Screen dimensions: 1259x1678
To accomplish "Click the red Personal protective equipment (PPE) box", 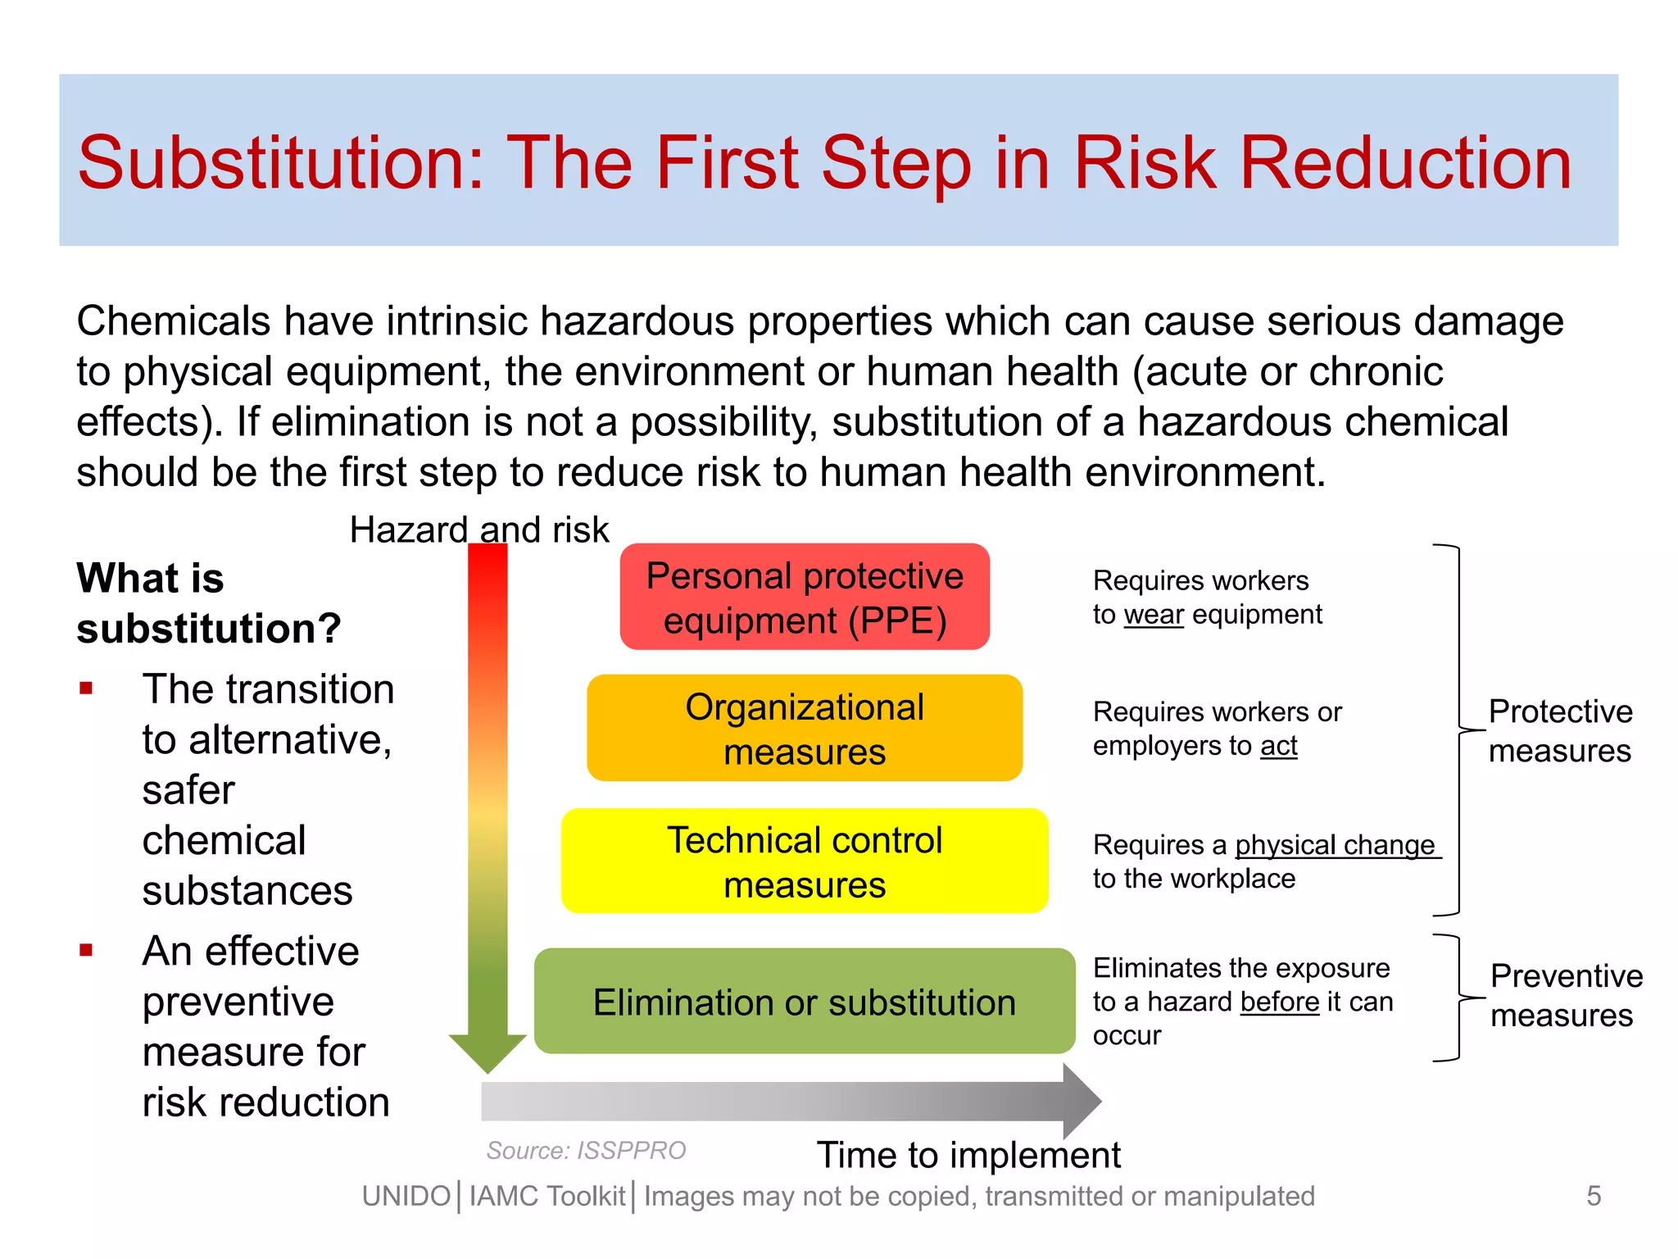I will click(805, 597).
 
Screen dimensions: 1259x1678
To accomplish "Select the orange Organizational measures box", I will click(805, 728).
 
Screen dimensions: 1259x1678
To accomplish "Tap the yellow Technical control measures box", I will click(805, 861).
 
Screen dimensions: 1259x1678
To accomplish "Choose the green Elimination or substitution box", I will click(805, 1001).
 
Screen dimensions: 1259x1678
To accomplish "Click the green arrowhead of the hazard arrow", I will click(488, 1052).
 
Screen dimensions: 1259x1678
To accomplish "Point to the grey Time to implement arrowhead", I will click(1081, 1101).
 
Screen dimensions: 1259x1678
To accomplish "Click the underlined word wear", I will click(1154, 614).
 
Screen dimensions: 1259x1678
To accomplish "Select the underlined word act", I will click(1278, 746).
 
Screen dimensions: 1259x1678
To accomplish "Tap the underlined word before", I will click(1279, 1002).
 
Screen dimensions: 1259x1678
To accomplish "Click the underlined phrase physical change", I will click(1336, 844).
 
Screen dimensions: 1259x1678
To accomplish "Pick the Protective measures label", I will click(1560, 730).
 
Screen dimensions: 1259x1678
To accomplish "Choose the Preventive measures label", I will click(1566, 995).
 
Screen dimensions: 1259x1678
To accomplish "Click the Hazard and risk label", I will click(479, 530).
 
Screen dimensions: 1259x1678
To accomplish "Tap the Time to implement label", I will click(968, 1155).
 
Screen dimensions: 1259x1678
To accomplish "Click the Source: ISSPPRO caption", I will click(586, 1150).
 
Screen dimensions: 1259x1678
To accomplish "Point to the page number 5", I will click(1593, 1195).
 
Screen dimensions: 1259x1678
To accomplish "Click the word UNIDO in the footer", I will click(406, 1196).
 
